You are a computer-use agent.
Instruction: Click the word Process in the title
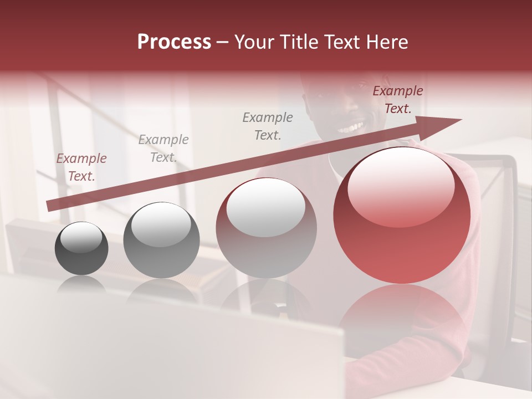coord(174,42)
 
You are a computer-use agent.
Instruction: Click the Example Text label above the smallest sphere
coord(81,167)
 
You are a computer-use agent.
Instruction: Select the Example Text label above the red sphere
coord(397,100)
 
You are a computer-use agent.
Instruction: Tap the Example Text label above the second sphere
coord(163,148)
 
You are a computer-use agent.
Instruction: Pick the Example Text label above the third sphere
coord(268,126)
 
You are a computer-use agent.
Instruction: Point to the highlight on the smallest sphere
coord(81,238)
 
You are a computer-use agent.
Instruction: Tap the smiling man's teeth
coord(351,128)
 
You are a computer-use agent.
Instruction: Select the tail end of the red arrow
coord(49,206)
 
